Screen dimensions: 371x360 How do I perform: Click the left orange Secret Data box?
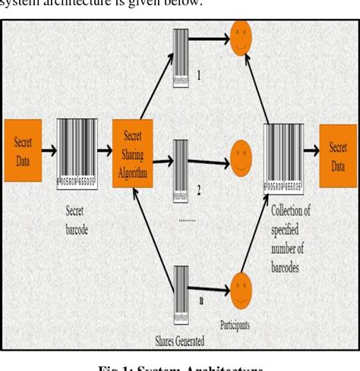[23, 149]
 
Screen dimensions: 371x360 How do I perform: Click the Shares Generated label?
[178, 341]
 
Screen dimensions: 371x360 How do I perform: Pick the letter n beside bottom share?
[201, 300]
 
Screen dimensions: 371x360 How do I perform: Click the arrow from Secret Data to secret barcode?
[49, 151]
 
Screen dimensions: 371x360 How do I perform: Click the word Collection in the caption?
[291, 211]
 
